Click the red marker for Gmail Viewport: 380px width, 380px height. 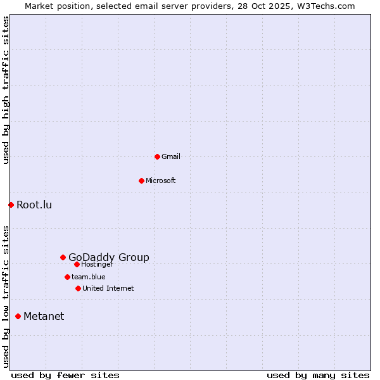point(157,156)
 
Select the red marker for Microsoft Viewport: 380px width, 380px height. point(141,180)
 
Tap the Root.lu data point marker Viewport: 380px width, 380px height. point(11,205)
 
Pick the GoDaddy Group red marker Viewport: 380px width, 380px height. point(63,257)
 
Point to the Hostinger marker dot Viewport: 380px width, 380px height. point(77,264)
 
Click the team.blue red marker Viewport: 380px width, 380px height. point(67,277)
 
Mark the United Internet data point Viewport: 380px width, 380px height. point(78,288)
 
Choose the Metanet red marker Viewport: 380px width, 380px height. point(18,316)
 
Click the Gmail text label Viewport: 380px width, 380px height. point(171,156)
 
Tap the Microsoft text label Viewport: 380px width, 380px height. point(161,180)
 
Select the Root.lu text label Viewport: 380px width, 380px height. point(34,205)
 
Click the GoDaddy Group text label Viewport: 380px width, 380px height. point(109,257)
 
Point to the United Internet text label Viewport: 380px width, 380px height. point(108,288)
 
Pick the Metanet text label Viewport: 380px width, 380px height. point(44,316)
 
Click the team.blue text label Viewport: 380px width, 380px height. point(89,277)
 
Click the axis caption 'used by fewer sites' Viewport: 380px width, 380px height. point(65,375)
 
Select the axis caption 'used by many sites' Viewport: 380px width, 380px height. point(318,375)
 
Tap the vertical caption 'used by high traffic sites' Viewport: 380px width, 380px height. point(6,90)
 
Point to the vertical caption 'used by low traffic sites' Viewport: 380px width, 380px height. point(6,296)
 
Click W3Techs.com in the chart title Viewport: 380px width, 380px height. point(325,6)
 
